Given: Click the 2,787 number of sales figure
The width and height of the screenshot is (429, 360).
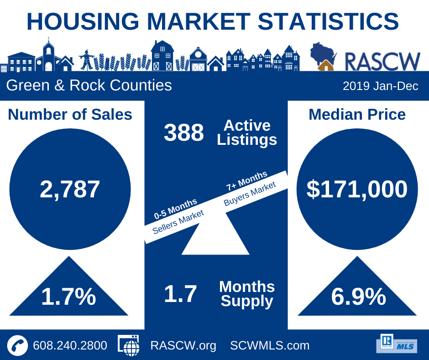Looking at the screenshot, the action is (x=70, y=189).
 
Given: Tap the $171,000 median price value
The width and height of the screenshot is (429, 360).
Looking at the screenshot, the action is (x=357, y=189).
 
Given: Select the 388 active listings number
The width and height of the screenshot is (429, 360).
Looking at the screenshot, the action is (x=184, y=132).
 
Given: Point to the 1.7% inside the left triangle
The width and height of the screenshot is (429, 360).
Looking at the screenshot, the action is (x=68, y=296).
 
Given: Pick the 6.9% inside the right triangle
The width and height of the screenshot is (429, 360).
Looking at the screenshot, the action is (x=358, y=296).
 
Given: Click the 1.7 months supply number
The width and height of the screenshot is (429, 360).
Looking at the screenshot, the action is (x=180, y=294).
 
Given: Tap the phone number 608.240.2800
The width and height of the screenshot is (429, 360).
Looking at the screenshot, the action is (x=70, y=345).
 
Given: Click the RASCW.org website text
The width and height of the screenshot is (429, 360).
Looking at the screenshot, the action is (x=183, y=346).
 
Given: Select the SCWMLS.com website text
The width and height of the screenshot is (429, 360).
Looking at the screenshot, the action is (x=270, y=345).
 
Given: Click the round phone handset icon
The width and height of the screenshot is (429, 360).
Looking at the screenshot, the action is (x=17, y=345).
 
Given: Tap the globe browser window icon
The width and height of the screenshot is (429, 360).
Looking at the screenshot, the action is (x=129, y=345).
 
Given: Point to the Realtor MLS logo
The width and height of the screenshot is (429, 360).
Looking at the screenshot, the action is (x=398, y=344).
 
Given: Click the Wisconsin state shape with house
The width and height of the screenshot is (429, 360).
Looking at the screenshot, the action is (x=323, y=56).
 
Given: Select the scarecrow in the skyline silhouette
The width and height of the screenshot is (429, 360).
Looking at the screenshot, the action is (x=87, y=59).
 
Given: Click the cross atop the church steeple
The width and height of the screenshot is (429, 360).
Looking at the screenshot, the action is (x=49, y=39).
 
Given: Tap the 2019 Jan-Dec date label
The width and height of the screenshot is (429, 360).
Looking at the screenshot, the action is (x=381, y=86).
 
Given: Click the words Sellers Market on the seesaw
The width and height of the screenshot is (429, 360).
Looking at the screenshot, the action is (x=178, y=222).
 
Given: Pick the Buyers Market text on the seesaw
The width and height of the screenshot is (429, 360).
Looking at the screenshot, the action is (x=250, y=194).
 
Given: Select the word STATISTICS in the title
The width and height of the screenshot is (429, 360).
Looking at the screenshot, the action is (x=328, y=21).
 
